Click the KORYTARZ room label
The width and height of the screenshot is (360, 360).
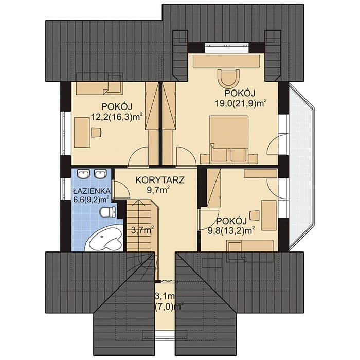point(160,180)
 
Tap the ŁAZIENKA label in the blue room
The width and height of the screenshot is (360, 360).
point(92,191)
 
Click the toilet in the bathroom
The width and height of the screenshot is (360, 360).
point(108,212)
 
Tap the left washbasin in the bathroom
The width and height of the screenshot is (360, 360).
point(83,174)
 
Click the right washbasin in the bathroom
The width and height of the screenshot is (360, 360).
point(100,174)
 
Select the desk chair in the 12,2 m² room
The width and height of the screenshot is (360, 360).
point(96,133)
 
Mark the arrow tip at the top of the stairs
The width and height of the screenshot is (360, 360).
point(138,200)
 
